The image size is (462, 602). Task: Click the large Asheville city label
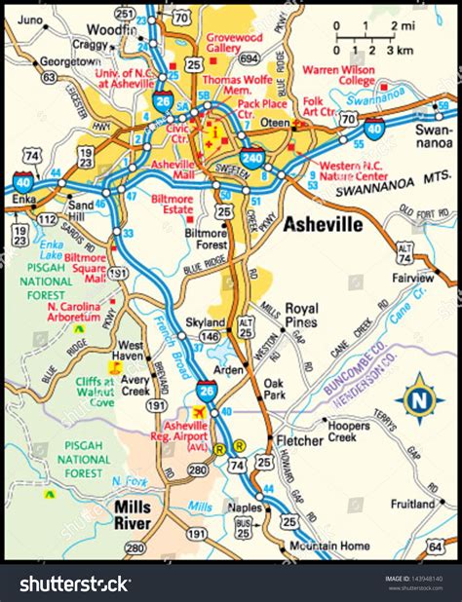(323, 225)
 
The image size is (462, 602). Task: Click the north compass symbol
(419, 397)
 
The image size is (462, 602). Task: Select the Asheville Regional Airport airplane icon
(201, 412)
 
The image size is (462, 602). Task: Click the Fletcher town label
(293, 440)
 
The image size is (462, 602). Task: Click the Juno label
(33, 19)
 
